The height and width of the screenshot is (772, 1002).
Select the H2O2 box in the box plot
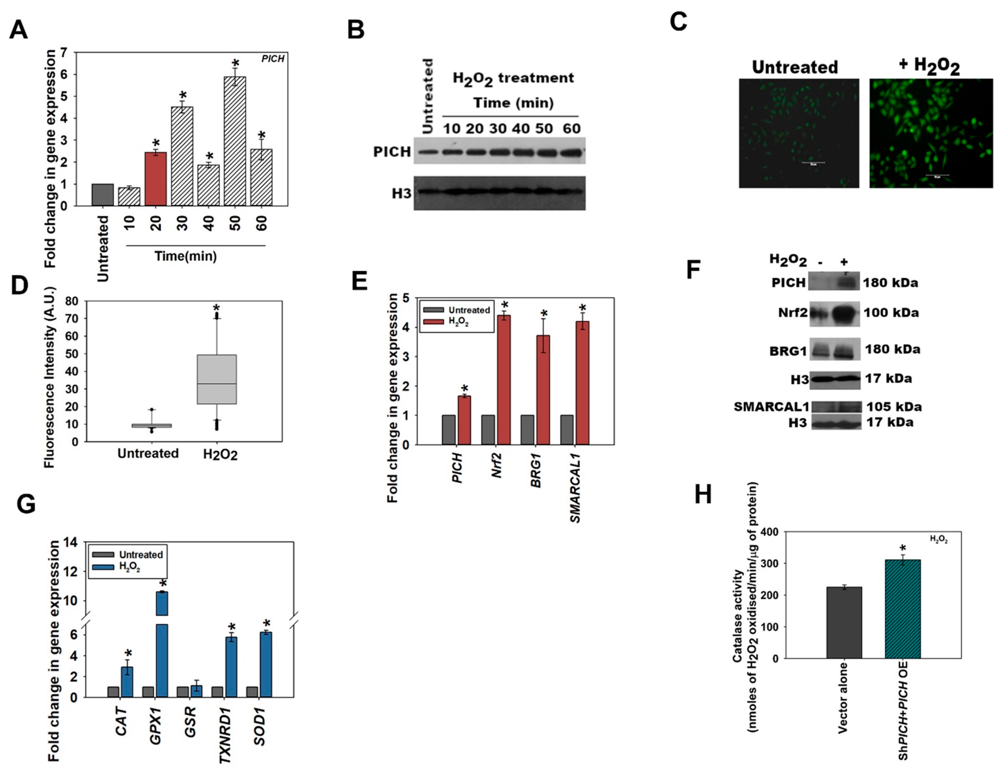tap(217, 379)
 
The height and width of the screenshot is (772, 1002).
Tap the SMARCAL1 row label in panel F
tap(771, 407)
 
